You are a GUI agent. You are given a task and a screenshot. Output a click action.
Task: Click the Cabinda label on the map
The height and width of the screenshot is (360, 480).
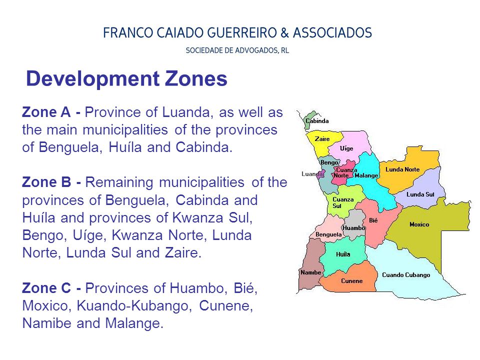[x=317, y=121]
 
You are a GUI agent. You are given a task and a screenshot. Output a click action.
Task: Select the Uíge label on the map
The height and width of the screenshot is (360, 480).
[x=346, y=148]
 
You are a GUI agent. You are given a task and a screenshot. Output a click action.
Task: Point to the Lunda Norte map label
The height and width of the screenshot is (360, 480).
[x=402, y=169]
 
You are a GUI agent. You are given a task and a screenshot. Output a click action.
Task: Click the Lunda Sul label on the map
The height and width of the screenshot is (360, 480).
[x=420, y=194]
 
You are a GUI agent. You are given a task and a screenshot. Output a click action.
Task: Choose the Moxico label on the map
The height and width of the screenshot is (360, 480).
[x=419, y=224]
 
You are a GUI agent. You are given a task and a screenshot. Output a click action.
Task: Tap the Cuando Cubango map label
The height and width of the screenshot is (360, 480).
[x=405, y=275]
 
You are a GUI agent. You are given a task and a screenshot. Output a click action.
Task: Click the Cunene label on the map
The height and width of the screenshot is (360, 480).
[x=351, y=281]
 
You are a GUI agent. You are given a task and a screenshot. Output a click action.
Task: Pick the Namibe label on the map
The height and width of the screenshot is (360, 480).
[x=310, y=272]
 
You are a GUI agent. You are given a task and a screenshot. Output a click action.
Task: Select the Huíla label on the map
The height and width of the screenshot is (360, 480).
[x=343, y=254]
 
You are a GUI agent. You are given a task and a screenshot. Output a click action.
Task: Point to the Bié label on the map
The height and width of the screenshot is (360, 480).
[x=373, y=220]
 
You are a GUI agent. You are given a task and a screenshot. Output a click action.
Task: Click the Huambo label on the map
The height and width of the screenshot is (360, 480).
[x=354, y=228]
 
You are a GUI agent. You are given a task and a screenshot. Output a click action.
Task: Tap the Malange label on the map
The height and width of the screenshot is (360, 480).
[x=366, y=175]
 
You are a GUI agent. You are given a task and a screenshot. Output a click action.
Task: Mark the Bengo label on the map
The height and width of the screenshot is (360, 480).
[x=329, y=162]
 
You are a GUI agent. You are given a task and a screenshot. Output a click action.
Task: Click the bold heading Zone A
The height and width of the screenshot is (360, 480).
[x=47, y=112]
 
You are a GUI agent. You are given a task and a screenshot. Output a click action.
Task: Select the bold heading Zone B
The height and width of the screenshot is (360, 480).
[x=47, y=182]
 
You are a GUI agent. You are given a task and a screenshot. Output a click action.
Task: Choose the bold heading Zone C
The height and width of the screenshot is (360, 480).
[x=48, y=288]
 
